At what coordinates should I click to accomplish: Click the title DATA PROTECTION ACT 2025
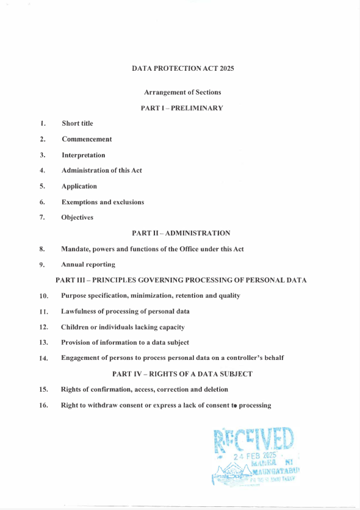(182, 68)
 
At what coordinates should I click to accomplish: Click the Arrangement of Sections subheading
(182, 92)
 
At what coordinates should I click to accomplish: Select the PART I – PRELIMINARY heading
(182, 108)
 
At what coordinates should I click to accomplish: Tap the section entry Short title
(77, 123)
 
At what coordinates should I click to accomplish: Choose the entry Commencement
(87, 139)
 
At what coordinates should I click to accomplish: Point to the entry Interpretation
(83, 155)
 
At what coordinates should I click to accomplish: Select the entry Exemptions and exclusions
(103, 202)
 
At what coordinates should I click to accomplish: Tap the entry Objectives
(77, 217)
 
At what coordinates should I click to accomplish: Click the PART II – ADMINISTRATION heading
(181, 233)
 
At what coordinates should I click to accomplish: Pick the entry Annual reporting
(88, 265)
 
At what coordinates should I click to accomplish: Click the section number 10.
(43, 296)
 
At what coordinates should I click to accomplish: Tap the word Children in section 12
(74, 328)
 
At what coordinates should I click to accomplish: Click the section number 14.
(43, 358)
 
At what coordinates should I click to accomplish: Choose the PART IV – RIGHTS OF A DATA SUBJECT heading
(182, 373)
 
